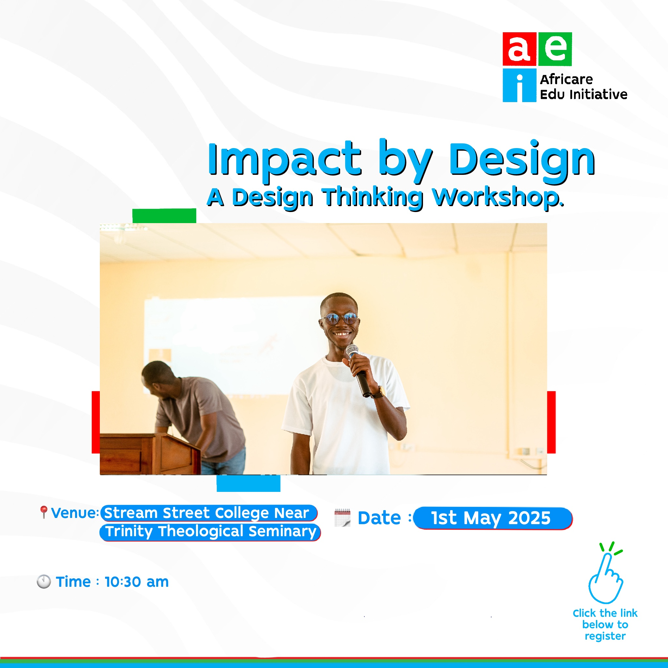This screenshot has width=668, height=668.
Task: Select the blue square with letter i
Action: pyautogui.click(x=519, y=85)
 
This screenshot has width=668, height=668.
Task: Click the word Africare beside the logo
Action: pyautogui.click(x=566, y=80)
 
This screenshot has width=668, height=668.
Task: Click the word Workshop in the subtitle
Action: pyautogui.click(x=498, y=198)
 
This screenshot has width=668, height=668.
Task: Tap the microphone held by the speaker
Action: pyautogui.click(x=358, y=370)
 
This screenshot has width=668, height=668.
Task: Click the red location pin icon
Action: pyautogui.click(x=44, y=512)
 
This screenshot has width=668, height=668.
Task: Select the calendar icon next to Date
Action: pyautogui.click(x=342, y=518)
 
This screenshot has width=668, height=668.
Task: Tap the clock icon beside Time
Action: pyautogui.click(x=44, y=582)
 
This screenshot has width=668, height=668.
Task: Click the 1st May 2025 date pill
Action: pyautogui.click(x=493, y=518)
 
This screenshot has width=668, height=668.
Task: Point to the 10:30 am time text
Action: pyautogui.click(x=137, y=582)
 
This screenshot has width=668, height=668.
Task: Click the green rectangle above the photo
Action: pyautogui.click(x=164, y=216)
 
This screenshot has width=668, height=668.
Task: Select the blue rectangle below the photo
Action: pyautogui.click(x=249, y=483)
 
